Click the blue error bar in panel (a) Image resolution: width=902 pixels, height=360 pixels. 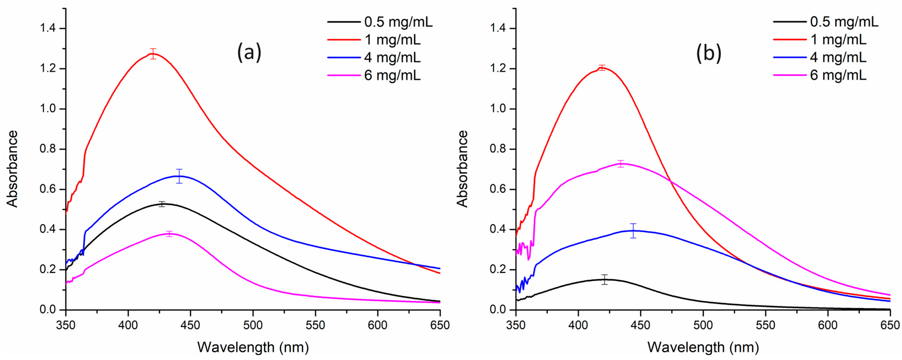pos(179,176)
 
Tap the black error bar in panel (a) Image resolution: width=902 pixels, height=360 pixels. pos(162,204)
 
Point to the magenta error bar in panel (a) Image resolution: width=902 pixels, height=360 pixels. pos(170,234)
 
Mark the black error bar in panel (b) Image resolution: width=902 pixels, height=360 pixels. pos(605,279)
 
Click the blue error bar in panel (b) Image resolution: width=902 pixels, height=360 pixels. pos(633,231)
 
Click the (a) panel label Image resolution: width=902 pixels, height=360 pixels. pos(249,52)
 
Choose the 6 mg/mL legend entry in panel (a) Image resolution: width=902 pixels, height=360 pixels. pos(392,75)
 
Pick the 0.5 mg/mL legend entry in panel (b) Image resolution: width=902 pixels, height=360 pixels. pos(844,22)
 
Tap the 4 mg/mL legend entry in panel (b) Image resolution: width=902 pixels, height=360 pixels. pos(838,57)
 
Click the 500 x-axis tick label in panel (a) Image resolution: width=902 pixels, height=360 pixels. pos(253,325)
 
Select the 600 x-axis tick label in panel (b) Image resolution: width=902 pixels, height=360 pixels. pos(828,325)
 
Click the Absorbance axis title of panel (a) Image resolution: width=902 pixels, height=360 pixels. pos(13,169)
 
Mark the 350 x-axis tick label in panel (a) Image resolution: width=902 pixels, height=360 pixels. pos(66,325)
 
